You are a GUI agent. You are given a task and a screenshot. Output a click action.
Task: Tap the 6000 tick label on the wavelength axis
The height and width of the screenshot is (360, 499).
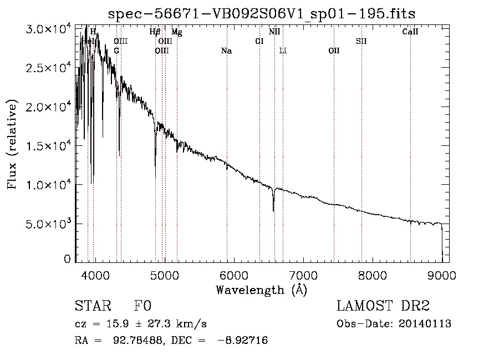coord(233,275)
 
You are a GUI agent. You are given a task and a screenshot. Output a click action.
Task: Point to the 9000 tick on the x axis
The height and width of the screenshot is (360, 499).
coord(442,275)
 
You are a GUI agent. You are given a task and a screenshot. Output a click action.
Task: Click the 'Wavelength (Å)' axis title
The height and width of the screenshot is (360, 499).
coord(261,289)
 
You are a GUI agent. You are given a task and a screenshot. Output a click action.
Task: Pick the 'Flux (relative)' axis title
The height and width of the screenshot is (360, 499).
coord(12,144)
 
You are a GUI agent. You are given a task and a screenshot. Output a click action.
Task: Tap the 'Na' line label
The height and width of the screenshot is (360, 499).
coord(226,51)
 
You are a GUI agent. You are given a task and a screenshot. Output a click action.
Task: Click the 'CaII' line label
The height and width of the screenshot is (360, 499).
coord(410,32)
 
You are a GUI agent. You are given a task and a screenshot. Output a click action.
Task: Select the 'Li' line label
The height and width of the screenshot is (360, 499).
coord(283,51)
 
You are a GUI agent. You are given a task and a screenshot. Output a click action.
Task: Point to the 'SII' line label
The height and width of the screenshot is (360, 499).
coord(361,41)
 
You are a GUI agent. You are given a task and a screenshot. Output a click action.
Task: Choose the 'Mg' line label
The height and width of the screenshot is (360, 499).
coord(176,32)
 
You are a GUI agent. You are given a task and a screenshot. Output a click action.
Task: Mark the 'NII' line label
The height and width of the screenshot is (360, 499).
coord(274,32)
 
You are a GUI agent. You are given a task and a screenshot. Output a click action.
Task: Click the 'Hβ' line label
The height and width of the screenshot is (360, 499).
coord(155,32)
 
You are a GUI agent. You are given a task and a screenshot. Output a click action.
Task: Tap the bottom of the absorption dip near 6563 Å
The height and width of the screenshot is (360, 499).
coord(273,210)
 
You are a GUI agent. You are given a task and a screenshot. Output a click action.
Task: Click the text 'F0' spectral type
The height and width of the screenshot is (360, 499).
coord(143,306)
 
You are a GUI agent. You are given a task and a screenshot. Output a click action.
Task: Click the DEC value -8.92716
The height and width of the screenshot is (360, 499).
coord(247,341)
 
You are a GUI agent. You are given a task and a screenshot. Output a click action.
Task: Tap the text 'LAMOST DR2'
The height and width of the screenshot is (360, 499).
coord(383,306)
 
